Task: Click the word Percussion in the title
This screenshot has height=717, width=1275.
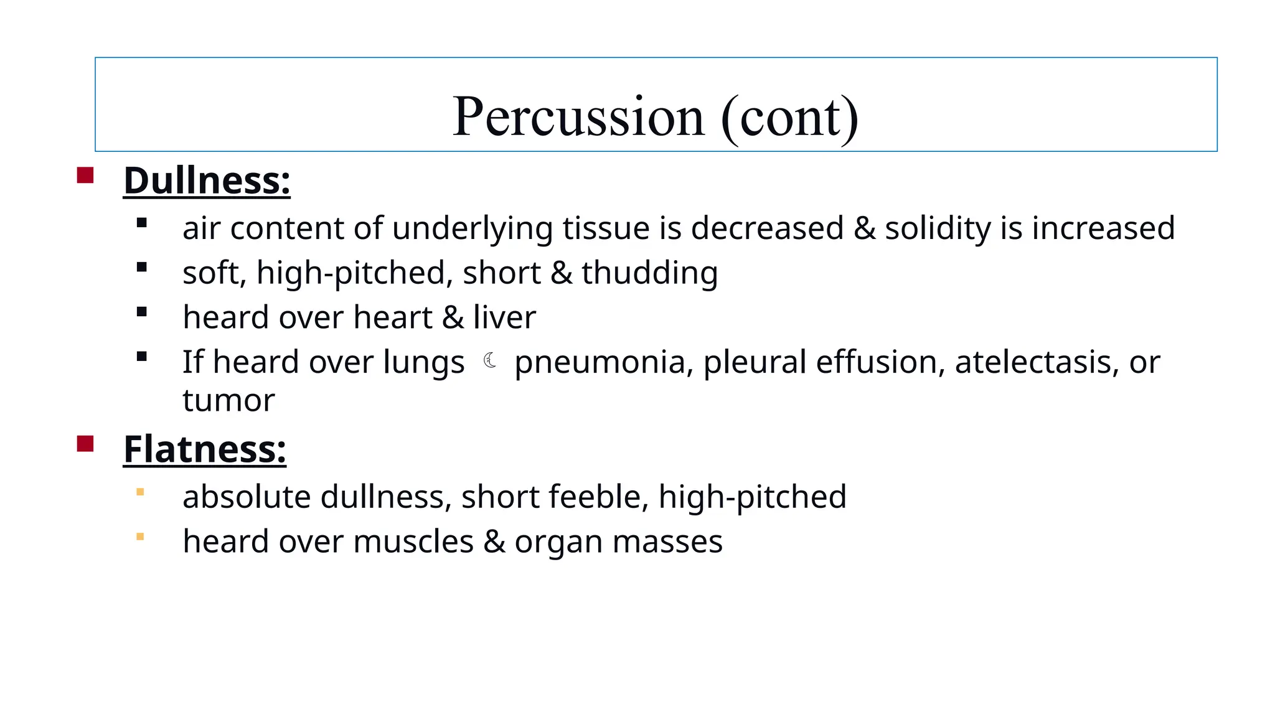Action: click(578, 117)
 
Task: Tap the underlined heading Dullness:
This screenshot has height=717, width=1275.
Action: click(207, 180)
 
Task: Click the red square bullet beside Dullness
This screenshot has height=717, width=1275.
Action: click(85, 175)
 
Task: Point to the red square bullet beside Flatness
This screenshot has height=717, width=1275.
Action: click(85, 444)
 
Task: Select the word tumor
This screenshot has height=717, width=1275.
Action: click(228, 400)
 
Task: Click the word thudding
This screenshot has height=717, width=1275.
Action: click(649, 273)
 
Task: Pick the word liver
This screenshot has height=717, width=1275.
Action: click(504, 317)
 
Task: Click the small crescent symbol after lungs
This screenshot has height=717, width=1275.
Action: click(490, 360)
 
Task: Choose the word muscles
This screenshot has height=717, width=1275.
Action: click(413, 541)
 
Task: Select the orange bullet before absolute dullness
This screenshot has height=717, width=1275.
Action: click(140, 492)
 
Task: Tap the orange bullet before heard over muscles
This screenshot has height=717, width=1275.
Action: click(140, 537)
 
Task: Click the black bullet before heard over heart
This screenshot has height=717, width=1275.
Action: click(142, 312)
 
